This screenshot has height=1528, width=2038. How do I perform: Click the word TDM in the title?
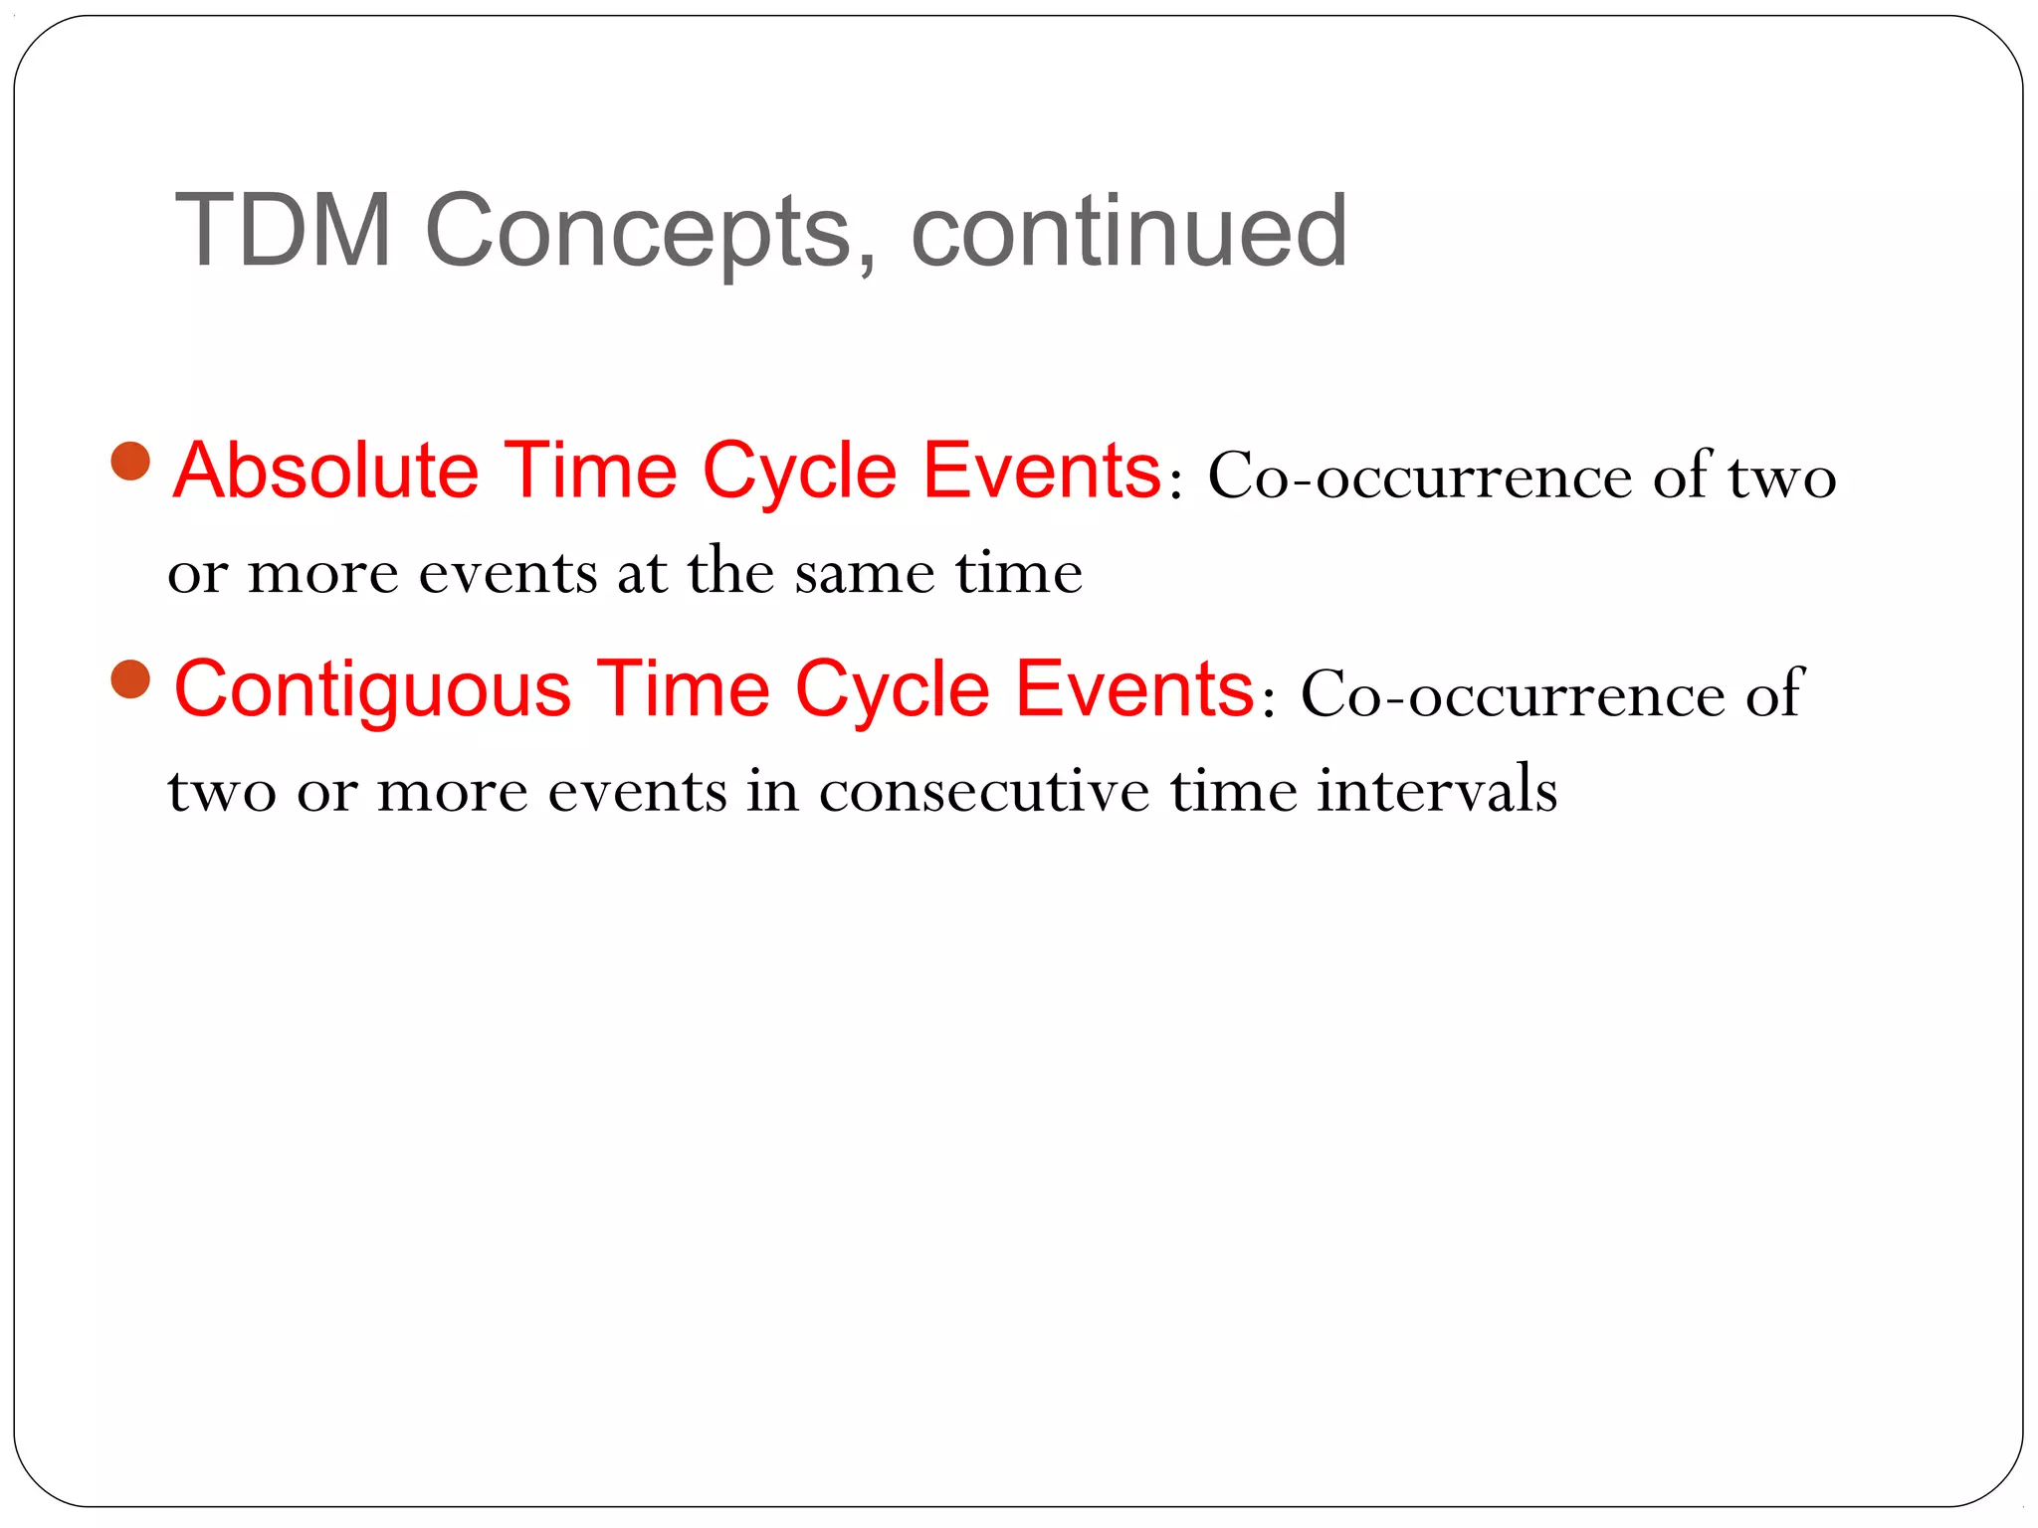(283, 231)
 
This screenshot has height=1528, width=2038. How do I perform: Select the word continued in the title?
(1128, 231)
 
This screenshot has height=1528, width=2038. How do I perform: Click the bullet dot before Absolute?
(130, 461)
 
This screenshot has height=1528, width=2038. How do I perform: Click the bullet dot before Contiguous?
(130, 680)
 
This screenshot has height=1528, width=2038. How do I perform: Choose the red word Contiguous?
(372, 690)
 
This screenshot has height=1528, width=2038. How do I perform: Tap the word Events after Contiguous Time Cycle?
(1134, 688)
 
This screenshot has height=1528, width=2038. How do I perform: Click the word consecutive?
(983, 792)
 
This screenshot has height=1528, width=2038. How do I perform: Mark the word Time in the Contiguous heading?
(683, 688)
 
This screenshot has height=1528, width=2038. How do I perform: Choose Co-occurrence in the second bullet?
(1512, 694)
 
